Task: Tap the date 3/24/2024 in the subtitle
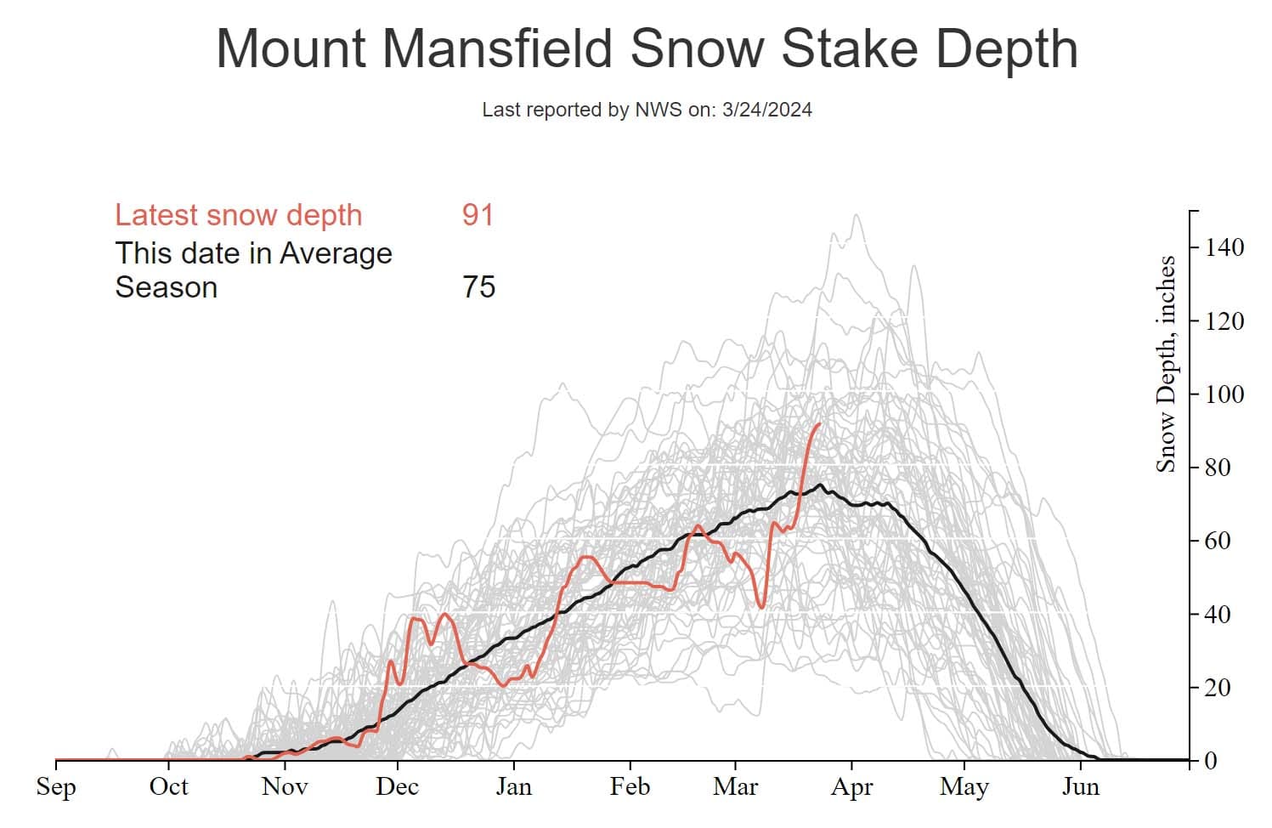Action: point(766,110)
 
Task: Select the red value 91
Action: point(478,215)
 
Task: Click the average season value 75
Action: point(478,287)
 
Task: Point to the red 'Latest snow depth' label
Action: point(239,215)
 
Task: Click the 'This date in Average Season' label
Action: point(253,270)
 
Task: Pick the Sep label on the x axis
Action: point(56,786)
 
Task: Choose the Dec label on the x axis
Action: point(397,786)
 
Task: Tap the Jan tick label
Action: point(513,786)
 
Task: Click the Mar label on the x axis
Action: point(735,786)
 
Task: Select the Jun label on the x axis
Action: point(1080,786)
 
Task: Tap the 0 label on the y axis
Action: point(1212,761)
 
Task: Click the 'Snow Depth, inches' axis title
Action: point(1166,364)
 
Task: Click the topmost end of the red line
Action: point(819,423)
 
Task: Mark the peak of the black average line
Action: point(820,485)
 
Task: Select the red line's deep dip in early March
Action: point(760,606)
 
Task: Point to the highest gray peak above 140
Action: point(856,214)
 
